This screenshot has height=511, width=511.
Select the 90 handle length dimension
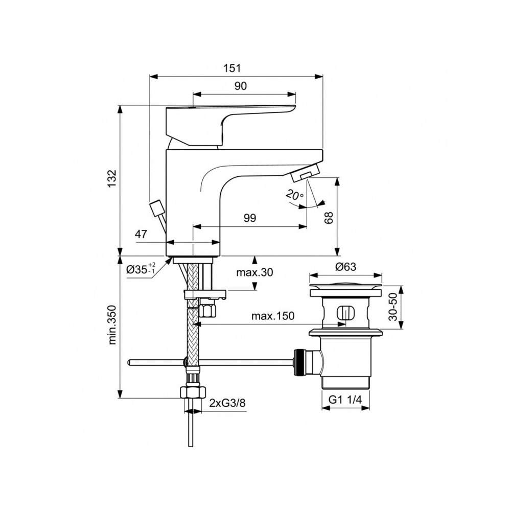(x=241, y=86)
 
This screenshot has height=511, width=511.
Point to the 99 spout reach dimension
(x=249, y=218)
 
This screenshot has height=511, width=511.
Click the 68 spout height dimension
(x=330, y=218)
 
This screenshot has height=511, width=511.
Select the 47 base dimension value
(x=141, y=235)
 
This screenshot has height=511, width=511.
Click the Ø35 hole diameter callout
(x=141, y=269)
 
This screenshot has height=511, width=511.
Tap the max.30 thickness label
(x=254, y=272)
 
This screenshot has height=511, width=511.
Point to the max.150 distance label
(x=273, y=316)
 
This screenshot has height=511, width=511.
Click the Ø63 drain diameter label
(x=345, y=267)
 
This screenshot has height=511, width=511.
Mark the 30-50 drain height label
(x=392, y=307)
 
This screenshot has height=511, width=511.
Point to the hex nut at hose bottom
(x=191, y=393)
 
